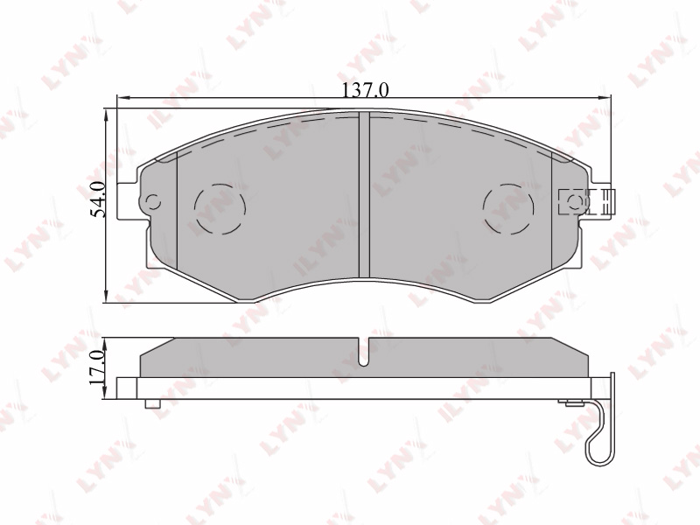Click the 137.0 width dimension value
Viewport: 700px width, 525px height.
365,90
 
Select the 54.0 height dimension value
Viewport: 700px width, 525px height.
99,199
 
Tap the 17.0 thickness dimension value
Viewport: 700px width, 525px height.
97,367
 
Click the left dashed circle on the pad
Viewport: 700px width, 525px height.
220,209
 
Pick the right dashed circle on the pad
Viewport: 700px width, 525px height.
508,209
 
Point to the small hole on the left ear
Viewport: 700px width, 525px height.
154,202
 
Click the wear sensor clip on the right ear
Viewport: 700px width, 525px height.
587,202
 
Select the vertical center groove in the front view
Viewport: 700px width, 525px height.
365,194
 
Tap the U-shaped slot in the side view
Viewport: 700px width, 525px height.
365,353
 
